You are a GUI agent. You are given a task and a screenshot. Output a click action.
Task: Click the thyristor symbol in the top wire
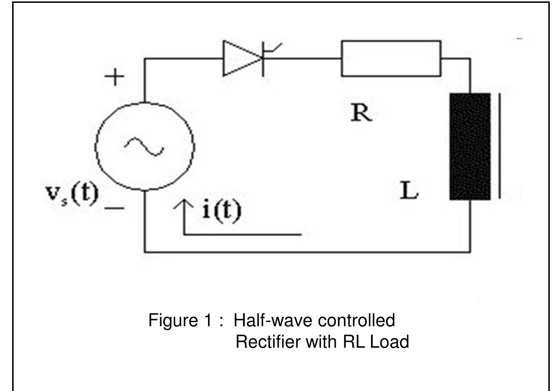[243, 59]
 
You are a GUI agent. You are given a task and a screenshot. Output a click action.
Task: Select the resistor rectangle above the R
[391, 58]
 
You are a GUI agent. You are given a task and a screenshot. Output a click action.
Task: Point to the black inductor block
[470, 146]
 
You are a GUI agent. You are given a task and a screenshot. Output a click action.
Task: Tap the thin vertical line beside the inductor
[499, 146]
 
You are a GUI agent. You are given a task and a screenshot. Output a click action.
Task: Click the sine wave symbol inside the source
[144, 146]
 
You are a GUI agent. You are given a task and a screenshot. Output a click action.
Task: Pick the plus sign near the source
[114, 77]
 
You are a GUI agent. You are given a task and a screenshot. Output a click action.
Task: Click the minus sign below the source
[115, 207]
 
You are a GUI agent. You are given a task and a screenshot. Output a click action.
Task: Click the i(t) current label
[222, 210]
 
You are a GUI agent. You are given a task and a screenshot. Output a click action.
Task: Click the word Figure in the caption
[172, 320]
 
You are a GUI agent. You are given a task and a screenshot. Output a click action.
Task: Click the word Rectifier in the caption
[268, 342]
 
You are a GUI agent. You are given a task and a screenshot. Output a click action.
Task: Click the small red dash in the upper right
[520, 38]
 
